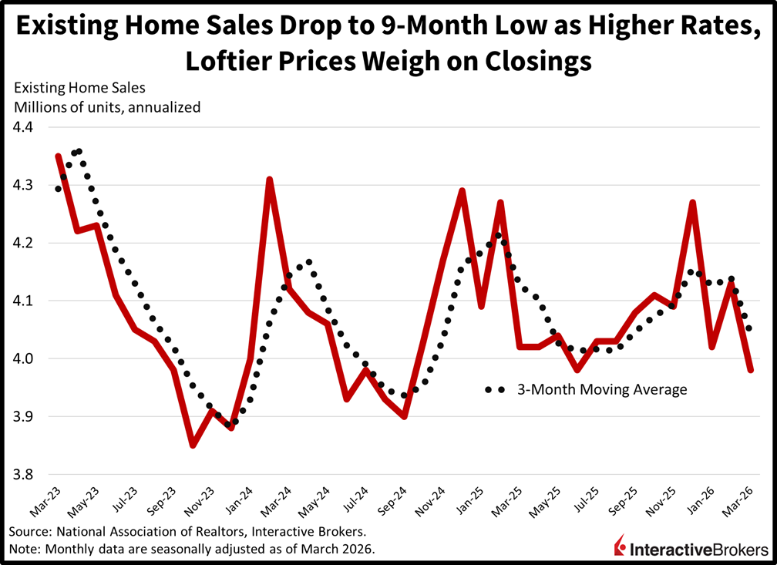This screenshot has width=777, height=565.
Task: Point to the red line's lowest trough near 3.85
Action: click(193, 446)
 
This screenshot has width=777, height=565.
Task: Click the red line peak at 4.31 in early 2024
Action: click(269, 180)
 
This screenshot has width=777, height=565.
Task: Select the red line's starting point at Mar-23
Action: click(59, 156)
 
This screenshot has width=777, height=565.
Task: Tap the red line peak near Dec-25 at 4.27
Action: click(693, 203)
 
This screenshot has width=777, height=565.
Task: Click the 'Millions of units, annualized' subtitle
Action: click(105, 107)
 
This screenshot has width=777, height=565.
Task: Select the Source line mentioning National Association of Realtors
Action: click(188, 533)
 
